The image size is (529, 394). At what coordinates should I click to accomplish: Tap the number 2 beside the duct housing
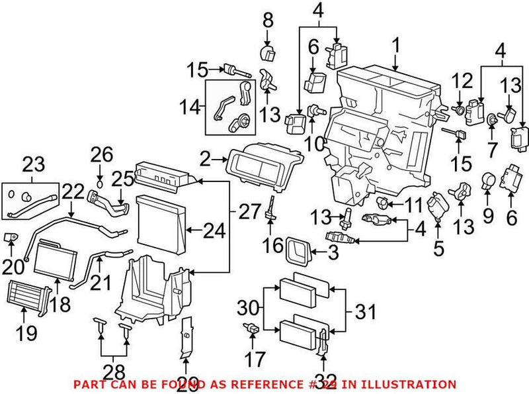coord(205,160)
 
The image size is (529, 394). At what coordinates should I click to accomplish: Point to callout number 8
coord(268,21)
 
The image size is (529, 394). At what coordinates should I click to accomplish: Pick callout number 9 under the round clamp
coord(489,215)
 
